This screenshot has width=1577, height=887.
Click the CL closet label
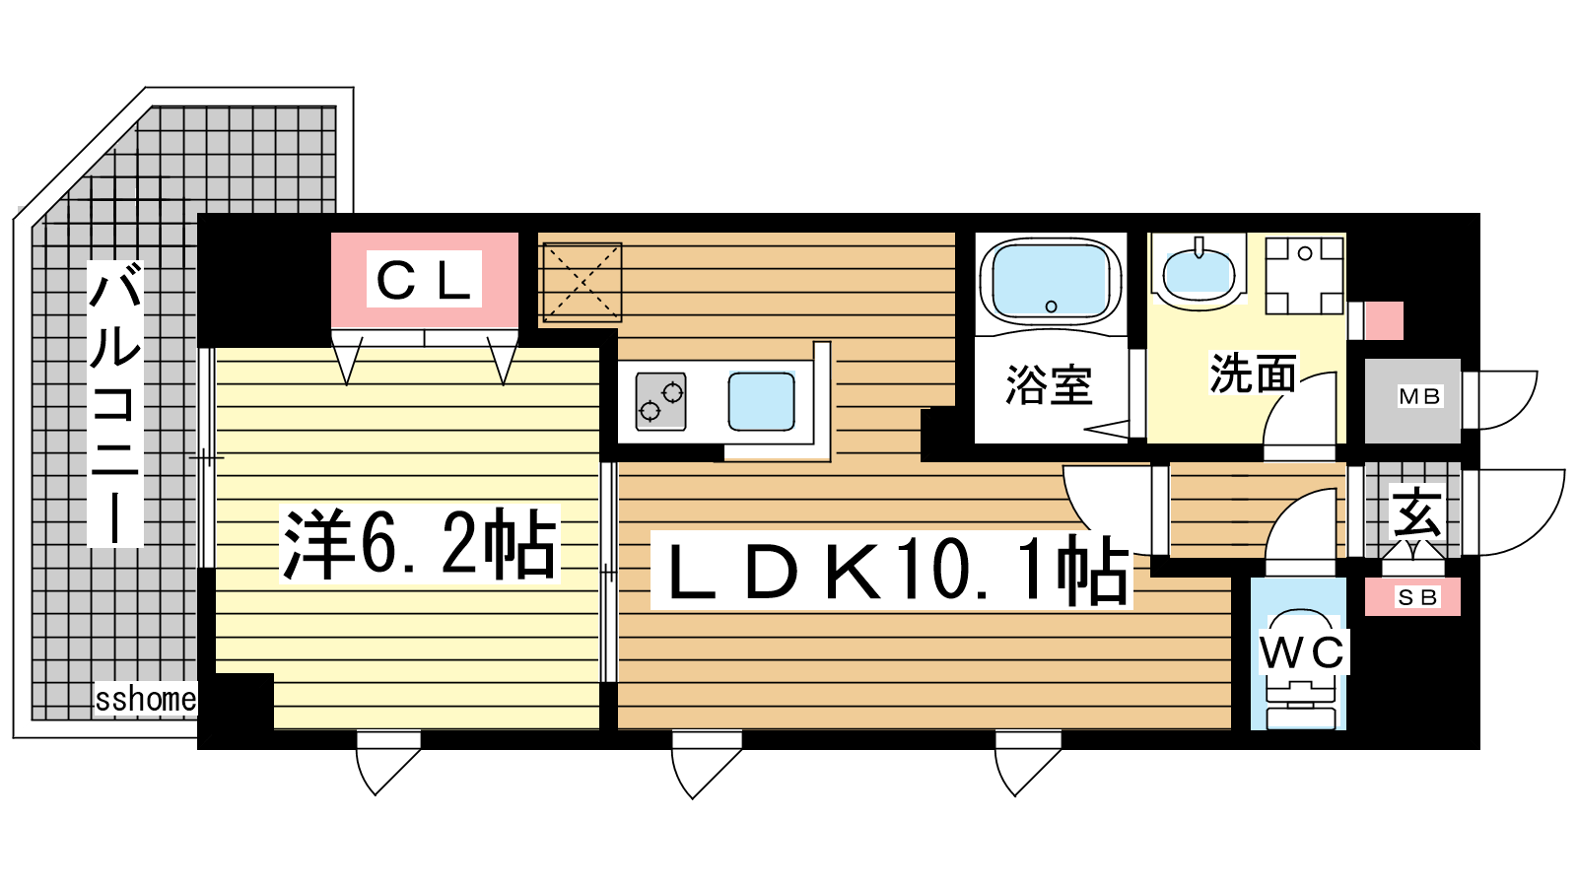[424, 280]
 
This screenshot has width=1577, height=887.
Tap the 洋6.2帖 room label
[420, 543]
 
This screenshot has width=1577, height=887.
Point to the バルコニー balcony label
[115, 403]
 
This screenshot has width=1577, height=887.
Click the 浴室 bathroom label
[1049, 384]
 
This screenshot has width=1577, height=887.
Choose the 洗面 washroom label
[1253, 373]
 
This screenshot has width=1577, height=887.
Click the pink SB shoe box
[1413, 597]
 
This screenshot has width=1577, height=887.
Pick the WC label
[1302, 652]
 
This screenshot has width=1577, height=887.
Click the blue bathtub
[1051, 280]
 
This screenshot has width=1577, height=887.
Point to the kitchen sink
[762, 400]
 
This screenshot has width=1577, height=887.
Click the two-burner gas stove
[660, 401]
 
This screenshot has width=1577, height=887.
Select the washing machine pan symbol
[1305, 275]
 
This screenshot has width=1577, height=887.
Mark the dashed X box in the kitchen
[582, 282]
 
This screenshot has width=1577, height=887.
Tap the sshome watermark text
[146, 699]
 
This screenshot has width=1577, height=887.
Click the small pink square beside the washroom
[1384, 320]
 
